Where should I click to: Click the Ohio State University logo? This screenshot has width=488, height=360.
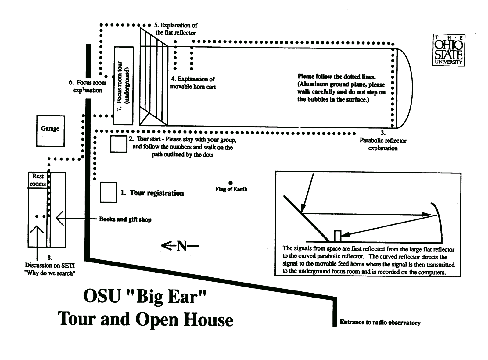pyautogui.click(x=449, y=50)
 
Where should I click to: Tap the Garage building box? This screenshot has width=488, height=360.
pyautogui.click(x=50, y=131)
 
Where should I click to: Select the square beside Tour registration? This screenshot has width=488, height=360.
pyautogui.click(x=109, y=192)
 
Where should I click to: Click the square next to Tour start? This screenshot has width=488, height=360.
pyautogui.click(x=119, y=144)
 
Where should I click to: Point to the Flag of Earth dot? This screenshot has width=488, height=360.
pyautogui.click(x=231, y=183)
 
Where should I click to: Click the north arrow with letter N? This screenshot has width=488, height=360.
pyautogui.click(x=180, y=246)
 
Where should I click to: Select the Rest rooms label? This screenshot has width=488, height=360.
pyautogui.click(x=38, y=180)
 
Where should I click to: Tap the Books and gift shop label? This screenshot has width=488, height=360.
pyautogui.click(x=125, y=219)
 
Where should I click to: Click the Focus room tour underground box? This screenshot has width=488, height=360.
pyautogui.click(x=124, y=86)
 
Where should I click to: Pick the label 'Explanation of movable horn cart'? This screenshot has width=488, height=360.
pyautogui.click(x=193, y=83)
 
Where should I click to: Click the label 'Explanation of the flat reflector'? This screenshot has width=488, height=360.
pyautogui.click(x=176, y=29)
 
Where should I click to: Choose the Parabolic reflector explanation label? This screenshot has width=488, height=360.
pyautogui.click(x=383, y=144)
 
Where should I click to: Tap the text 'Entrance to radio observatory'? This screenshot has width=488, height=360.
pyautogui.click(x=380, y=323)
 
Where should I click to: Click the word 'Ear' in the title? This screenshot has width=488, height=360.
pyautogui.click(x=184, y=297)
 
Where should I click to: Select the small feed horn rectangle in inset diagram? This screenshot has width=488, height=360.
pyautogui.click(x=337, y=236)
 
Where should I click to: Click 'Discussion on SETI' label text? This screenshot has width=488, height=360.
pyautogui.click(x=49, y=265)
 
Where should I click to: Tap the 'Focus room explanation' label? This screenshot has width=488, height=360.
pyautogui.click(x=88, y=86)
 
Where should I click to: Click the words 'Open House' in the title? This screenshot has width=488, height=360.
pyautogui.click(x=184, y=319)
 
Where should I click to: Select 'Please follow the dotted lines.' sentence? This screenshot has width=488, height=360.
pyautogui.click(x=336, y=77)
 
